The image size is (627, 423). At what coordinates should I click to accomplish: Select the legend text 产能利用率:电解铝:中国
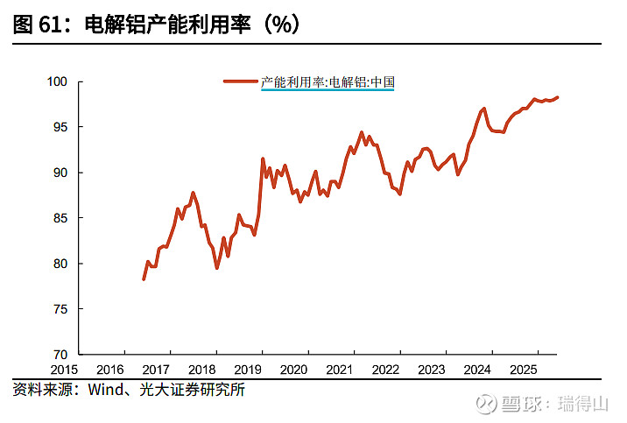[328, 82]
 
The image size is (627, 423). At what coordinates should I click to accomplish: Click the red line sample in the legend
[241, 82]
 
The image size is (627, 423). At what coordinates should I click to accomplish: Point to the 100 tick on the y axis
[58, 82]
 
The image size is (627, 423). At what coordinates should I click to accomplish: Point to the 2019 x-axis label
[248, 370]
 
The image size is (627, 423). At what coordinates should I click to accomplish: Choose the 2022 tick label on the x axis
[386, 370]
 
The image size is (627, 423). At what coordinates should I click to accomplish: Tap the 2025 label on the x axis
[524, 370]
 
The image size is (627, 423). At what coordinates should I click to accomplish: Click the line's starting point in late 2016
[144, 278]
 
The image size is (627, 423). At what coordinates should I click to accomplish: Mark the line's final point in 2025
[558, 97]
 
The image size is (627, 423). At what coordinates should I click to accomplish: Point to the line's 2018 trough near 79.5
[216, 267]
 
